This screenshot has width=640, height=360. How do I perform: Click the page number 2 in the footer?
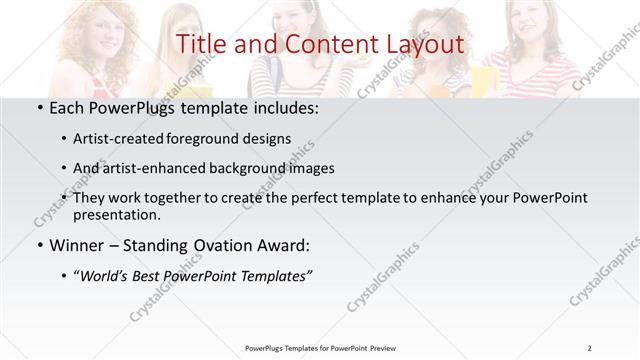(591, 348)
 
